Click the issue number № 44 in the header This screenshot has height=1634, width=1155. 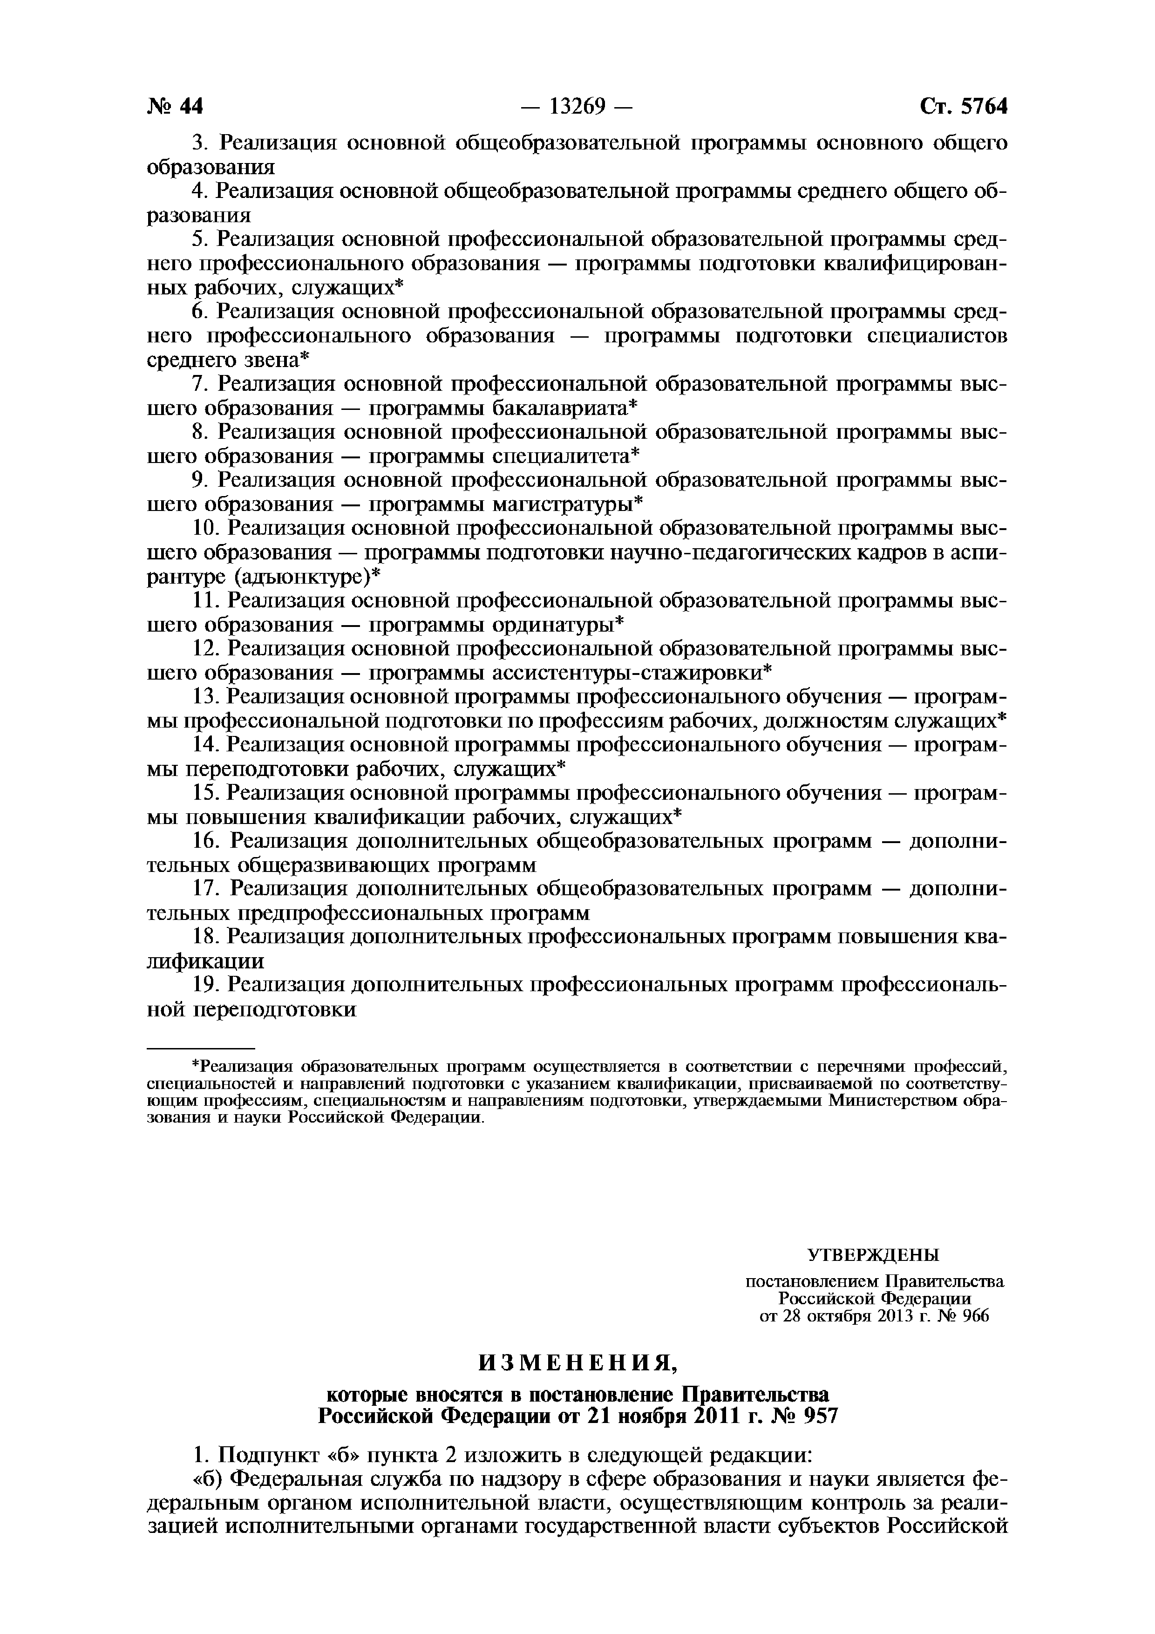pos(175,107)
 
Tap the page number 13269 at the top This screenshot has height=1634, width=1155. pos(577,107)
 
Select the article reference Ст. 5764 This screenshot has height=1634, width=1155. pos(964,107)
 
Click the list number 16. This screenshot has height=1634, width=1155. pos(207,841)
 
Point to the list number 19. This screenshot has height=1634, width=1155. pos(207,986)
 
